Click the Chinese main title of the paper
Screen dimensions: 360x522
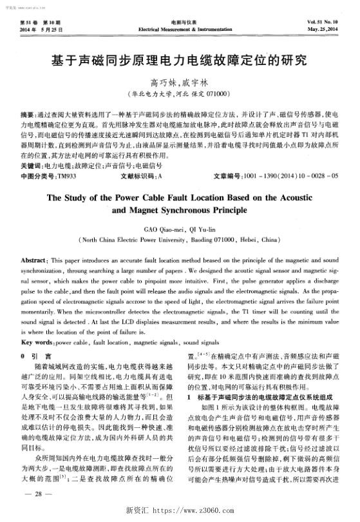click(180, 63)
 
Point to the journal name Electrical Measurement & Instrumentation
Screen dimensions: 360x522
click(180, 30)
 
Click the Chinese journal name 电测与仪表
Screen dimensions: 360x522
click(180, 23)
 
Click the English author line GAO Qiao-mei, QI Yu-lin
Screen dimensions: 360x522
click(180, 228)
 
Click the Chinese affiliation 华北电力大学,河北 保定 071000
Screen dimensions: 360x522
click(180, 93)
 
